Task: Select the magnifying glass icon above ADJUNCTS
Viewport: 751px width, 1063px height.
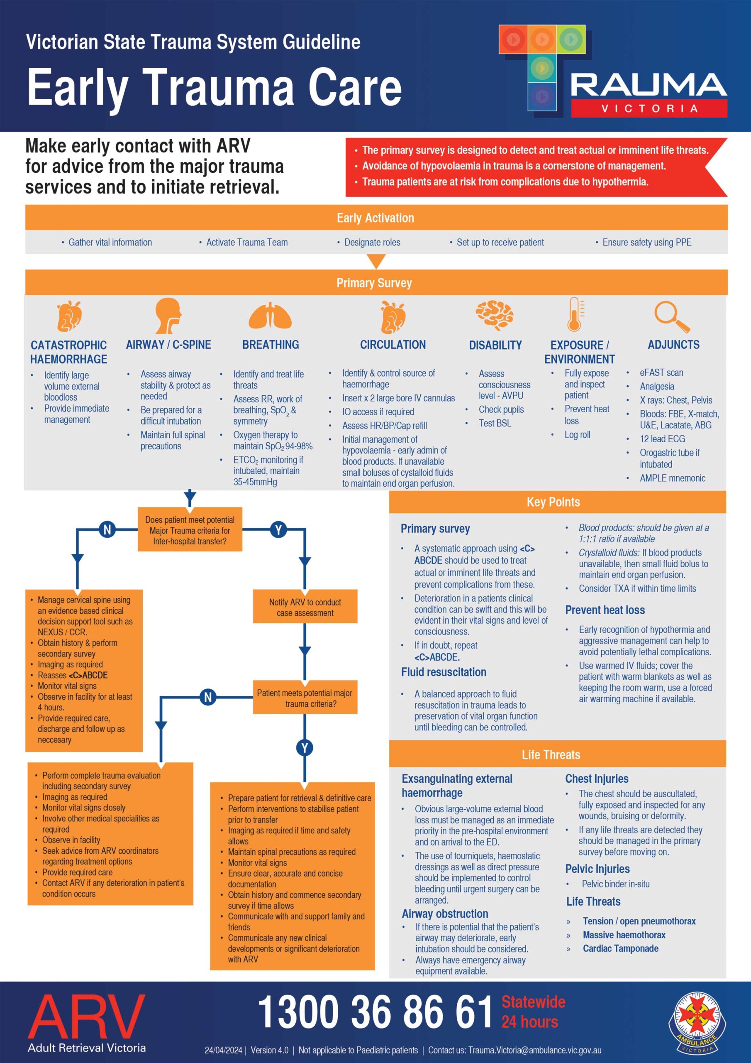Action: (672, 317)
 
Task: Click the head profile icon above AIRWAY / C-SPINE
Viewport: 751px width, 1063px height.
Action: (168, 315)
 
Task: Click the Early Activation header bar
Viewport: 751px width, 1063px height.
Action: (376, 218)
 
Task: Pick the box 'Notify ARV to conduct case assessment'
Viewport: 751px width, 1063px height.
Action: (305, 607)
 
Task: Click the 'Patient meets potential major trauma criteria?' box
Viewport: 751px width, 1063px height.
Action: (305, 698)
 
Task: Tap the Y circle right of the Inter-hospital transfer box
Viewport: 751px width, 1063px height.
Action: (278, 530)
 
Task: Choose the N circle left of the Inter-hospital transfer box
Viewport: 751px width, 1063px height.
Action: (107, 530)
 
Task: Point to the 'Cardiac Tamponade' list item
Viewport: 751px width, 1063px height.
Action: (621, 948)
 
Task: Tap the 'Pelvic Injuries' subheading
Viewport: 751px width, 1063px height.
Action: (597, 869)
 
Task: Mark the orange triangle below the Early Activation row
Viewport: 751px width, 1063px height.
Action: (376, 262)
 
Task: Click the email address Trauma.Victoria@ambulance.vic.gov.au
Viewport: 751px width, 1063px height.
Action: (534, 1050)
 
